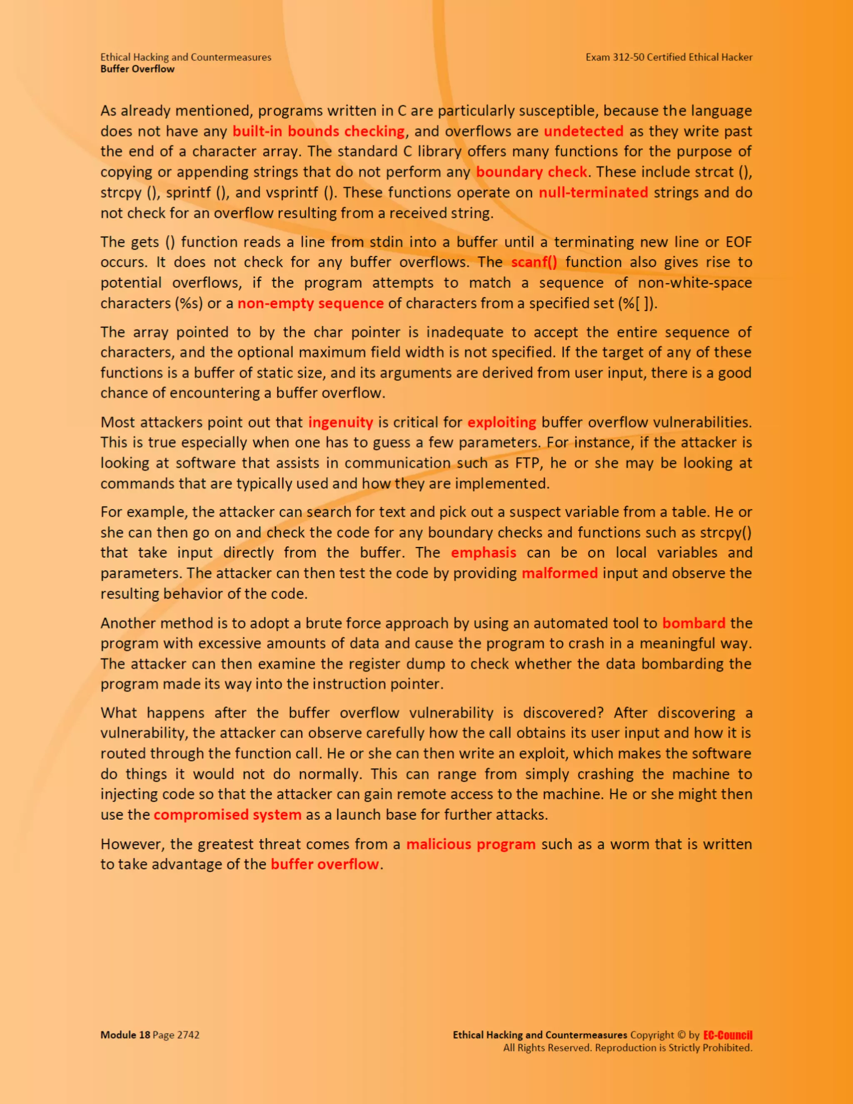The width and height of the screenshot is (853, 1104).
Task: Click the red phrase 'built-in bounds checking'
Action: [x=318, y=131]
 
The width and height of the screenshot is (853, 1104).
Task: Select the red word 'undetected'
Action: [x=584, y=131]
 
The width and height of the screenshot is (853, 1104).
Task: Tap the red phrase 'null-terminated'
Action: [x=593, y=192]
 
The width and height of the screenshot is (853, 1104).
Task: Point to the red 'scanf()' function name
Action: [x=534, y=262]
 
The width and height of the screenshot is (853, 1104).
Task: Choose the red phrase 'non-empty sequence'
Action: [x=310, y=303]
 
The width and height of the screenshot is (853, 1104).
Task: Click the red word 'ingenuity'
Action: [x=341, y=422]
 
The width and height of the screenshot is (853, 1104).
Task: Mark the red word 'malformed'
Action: [x=559, y=573]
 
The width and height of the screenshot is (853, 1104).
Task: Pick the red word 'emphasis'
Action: [x=484, y=552]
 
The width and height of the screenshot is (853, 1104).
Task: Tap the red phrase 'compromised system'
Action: [x=227, y=815]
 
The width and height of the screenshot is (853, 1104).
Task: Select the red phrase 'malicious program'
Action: [x=471, y=844]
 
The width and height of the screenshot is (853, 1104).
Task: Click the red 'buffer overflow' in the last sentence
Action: [x=325, y=864]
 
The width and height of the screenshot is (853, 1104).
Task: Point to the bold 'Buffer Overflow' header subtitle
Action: [x=137, y=69]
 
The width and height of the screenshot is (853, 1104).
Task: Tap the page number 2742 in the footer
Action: [x=188, y=1035]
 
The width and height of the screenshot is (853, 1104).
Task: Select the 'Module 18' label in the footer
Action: [x=125, y=1035]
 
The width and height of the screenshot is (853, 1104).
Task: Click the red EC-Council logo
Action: [x=728, y=1035]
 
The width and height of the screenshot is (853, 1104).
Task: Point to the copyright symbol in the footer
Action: [x=682, y=1035]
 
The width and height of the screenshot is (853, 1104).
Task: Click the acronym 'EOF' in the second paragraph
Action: [x=739, y=242]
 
